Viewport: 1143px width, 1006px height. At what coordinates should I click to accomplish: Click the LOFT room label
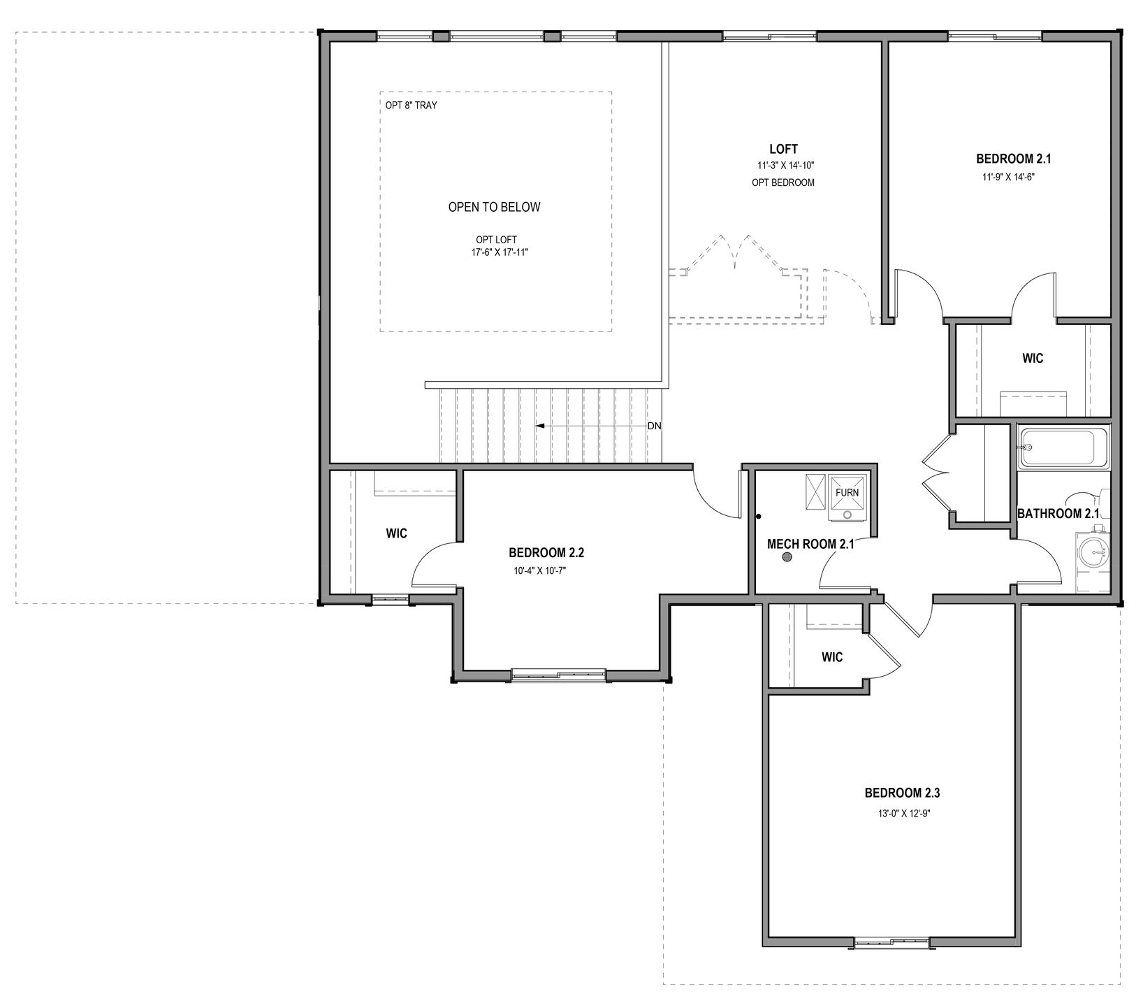coord(783,149)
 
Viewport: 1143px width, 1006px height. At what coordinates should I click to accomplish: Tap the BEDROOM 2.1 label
coord(1013,159)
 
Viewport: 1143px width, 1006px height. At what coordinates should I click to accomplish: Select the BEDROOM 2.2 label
coord(546,553)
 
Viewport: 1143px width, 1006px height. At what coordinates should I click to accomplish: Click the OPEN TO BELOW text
coord(494,207)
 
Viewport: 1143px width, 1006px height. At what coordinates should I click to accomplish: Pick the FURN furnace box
coord(847,497)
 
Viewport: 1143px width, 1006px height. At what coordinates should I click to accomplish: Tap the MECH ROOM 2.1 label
coord(810,544)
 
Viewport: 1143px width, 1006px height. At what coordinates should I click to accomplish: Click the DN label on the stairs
coord(654,426)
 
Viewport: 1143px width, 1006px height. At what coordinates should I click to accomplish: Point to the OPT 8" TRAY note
coord(412,106)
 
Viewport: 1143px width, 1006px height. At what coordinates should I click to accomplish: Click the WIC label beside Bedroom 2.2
coord(397,533)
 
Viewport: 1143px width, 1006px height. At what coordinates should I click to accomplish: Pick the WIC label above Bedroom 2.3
coord(832,657)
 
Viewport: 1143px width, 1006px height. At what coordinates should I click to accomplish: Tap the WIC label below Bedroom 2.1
coord(1033,359)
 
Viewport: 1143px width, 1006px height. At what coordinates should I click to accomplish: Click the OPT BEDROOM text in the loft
coord(783,183)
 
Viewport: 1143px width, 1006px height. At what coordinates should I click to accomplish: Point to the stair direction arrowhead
coord(540,425)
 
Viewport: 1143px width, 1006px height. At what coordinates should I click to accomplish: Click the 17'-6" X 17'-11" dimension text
coord(500,252)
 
